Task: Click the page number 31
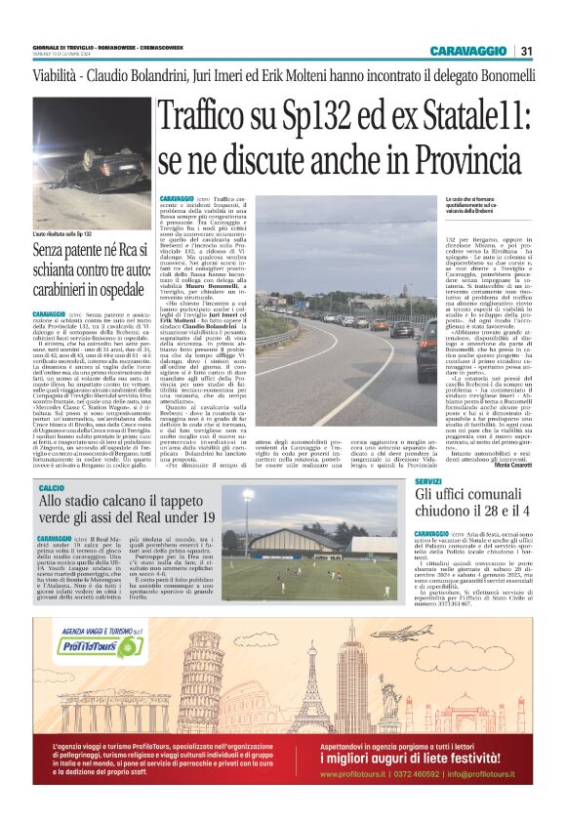click(x=526, y=51)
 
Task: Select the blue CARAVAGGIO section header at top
click(x=466, y=51)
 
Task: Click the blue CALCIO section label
click(x=51, y=486)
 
